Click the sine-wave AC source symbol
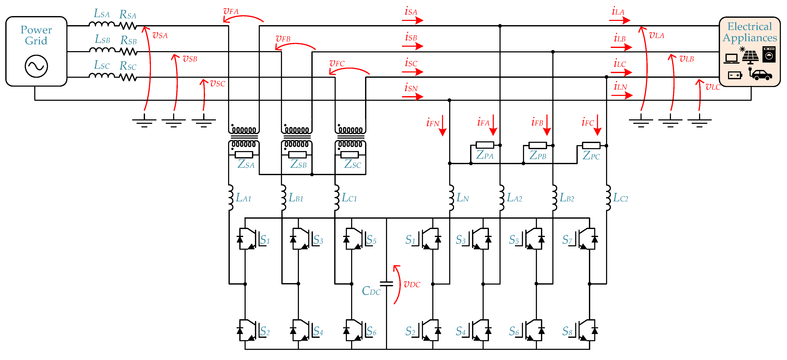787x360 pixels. coord(36,66)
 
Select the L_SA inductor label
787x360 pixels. coord(101,14)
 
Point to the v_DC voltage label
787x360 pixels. coord(412,284)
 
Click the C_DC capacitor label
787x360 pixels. coord(371,291)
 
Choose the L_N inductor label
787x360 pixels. coord(463,198)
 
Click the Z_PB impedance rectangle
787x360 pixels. coord(538,145)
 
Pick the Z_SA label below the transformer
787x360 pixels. coord(246,164)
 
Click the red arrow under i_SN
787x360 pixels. coord(412,97)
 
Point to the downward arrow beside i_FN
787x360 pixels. coord(443,125)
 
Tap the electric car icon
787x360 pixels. coord(761,75)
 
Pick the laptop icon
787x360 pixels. coord(731,58)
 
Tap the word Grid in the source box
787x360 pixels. coord(36,41)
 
